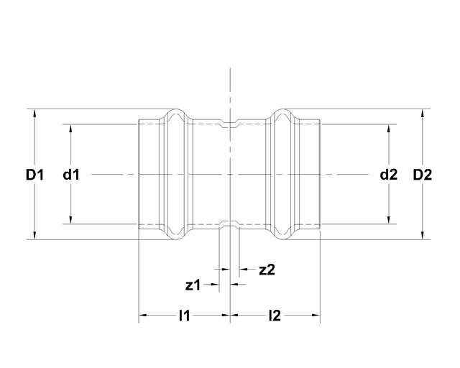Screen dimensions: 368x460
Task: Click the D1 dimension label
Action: [35, 174]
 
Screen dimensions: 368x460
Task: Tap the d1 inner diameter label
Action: [70, 174]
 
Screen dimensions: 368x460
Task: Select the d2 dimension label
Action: [388, 174]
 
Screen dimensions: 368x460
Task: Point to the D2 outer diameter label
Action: [423, 174]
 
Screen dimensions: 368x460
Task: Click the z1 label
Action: [192, 285]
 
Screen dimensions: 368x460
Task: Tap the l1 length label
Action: [184, 315]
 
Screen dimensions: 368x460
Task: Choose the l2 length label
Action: [275, 315]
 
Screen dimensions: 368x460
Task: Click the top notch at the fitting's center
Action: [229, 124]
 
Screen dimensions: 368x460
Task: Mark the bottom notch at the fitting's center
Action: [229, 224]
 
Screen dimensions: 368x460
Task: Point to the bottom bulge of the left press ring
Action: [175, 236]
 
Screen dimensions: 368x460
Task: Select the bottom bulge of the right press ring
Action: [283, 236]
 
